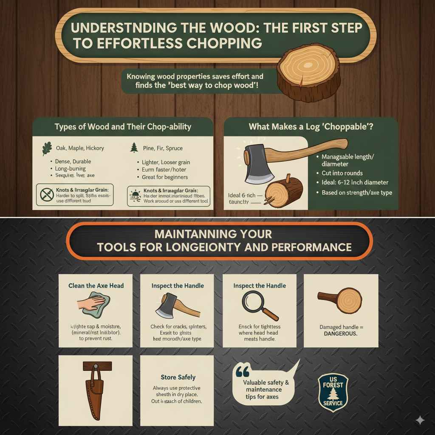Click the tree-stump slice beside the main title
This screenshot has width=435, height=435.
309,72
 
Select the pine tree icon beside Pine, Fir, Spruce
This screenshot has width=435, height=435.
134,148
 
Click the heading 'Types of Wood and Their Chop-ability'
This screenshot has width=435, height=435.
123,126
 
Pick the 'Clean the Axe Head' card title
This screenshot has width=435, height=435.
96,285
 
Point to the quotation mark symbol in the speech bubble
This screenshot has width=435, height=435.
242,372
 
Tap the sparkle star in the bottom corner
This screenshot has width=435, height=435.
420,420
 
